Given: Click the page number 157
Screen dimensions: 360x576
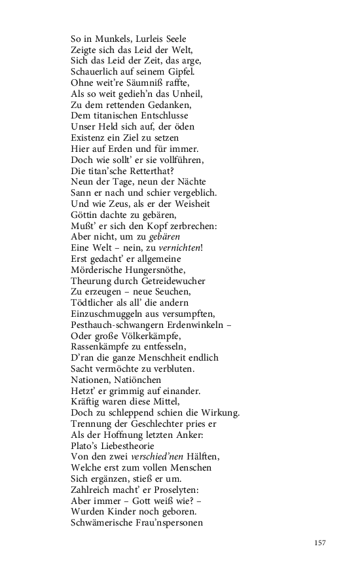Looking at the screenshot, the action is pos(319,542).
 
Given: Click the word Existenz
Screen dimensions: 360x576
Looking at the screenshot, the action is pos(92,139).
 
